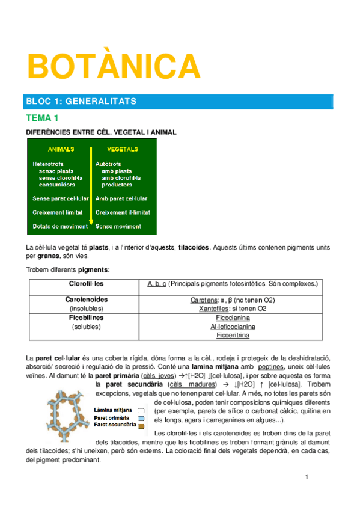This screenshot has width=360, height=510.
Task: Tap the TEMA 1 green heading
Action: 41,118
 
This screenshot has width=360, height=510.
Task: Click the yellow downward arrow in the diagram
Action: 91,186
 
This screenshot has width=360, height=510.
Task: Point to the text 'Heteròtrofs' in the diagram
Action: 49,164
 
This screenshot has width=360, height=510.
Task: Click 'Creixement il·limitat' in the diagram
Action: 123,212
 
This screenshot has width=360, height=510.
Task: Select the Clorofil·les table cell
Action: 84,283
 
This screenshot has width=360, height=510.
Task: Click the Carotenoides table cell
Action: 86,300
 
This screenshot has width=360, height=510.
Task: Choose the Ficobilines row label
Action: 86,318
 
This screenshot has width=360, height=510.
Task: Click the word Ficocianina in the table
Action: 233,318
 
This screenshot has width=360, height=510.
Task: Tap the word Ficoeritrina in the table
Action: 233,336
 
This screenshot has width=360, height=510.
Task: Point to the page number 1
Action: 307,478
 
